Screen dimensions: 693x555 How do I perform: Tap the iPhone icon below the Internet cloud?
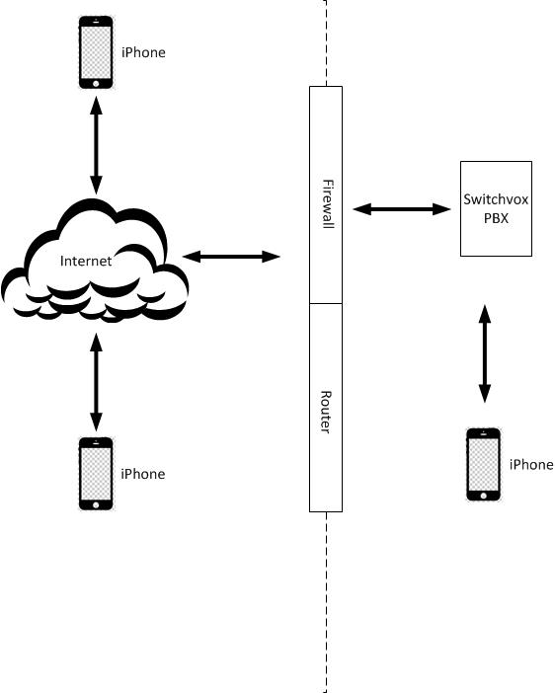pyautogui.click(x=96, y=473)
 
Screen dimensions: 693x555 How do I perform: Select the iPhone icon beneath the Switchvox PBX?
pyautogui.click(x=484, y=464)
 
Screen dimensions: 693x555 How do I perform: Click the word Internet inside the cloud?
pyautogui.click(x=86, y=262)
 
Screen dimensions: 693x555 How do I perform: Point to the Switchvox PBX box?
pyautogui.click(x=496, y=208)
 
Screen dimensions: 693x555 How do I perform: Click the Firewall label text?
pyautogui.click(x=326, y=203)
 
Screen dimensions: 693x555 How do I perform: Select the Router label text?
pyautogui.click(x=326, y=412)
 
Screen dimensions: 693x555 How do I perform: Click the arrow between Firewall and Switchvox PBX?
pyautogui.click(x=401, y=208)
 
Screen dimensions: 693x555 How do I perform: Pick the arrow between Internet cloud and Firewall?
pyautogui.click(x=232, y=257)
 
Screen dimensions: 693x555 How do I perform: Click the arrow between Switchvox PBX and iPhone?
pyautogui.click(x=484, y=352)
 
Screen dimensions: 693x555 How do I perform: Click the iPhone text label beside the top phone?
pyautogui.click(x=143, y=52)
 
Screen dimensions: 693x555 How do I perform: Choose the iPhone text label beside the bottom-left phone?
pyautogui.click(x=143, y=474)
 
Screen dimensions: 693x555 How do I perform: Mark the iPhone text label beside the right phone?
pyautogui.click(x=531, y=464)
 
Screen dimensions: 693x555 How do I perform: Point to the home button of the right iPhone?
pyautogui.click(x=484, y=494)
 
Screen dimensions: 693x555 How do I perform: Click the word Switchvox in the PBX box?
pyautogui.click(x=496, y=199)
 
